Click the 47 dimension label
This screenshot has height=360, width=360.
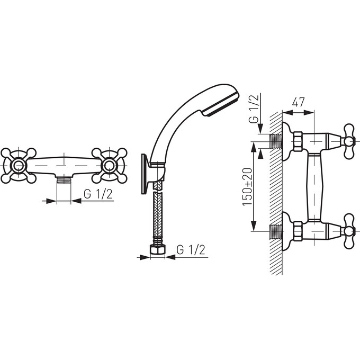tap(298, 102)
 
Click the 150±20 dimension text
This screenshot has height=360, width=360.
tap(248, 187)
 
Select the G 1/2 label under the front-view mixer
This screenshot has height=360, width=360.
tap(98, 194)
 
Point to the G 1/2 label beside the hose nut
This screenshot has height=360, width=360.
tap(191, 250)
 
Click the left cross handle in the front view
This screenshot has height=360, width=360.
tap(19, 166)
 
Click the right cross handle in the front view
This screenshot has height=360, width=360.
tap(109, 166)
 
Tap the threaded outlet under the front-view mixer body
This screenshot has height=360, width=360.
tap(64, 180)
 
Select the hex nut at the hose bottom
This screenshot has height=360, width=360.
tap(158, 249)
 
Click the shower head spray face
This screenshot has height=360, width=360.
tap(221, 104)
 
